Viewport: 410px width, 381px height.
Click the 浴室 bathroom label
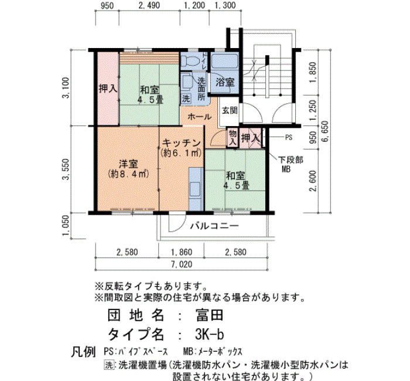click(224, 83)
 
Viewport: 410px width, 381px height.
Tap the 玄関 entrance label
click(230, 110)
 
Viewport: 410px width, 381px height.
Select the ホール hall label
click(199, 117)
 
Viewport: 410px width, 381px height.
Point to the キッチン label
click(181, 143)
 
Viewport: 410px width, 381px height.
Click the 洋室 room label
click(128, 164)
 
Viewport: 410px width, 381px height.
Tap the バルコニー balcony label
click(214, 226)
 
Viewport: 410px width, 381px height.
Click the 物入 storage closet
click(233, 138)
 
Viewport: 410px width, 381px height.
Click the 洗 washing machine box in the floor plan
click(186, 98)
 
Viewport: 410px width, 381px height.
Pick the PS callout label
click(288, 137)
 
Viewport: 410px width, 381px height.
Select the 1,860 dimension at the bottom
click(182, 252)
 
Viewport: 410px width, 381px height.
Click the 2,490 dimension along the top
click(149, 5)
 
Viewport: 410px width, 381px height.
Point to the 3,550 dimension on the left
click(66, 169)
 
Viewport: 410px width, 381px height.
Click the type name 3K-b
click(210, 334)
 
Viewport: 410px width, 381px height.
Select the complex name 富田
click(209, 315)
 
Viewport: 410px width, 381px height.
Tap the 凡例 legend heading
click(83, 352)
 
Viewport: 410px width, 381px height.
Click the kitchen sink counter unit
click(196, 189)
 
